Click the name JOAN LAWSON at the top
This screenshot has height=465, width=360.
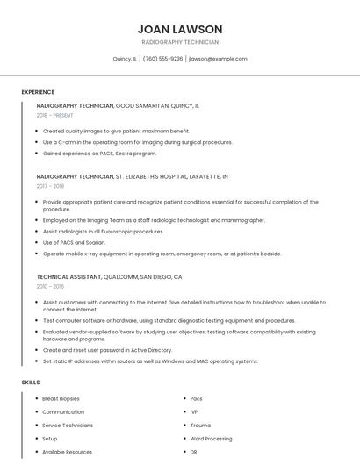pyautogui.click(x=179, y=29)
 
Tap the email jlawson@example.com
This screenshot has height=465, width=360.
pyautogui.click(x=218, y=59)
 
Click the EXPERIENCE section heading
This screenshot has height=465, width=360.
pyautogui.click(x=38, y=92)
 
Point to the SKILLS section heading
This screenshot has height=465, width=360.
pyautogui.click(x=31, y=383)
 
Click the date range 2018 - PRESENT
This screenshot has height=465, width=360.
pyautogui.click(x=55, y=115)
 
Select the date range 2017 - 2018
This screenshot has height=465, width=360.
pyautogui.click(x=51, y=186)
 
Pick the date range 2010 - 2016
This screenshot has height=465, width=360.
pyautogui.click(x=51, y=286)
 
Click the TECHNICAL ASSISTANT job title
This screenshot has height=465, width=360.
pyautogui.click(x=69, y=276)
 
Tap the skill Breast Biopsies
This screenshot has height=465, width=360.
pyautogui.click(x=61, y=398)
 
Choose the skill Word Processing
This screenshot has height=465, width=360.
pyautogui.click(x=211, y=438)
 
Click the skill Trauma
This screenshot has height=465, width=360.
pyautogui.click(x=200, y=425)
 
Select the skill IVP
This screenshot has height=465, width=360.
pyautogui.click(x=195, y=411)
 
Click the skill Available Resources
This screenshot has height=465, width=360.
pyautogui.click(x=67, y=451)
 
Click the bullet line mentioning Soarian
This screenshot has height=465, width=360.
pyautogui.click(x=75, y=242)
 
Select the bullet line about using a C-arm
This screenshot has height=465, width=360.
pyautogui.click(x=138, y=141)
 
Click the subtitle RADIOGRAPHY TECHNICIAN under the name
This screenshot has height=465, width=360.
pyautogui.click(x=179, y=42)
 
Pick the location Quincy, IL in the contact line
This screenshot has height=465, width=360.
pyautogui.click(x=125, y=59)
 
